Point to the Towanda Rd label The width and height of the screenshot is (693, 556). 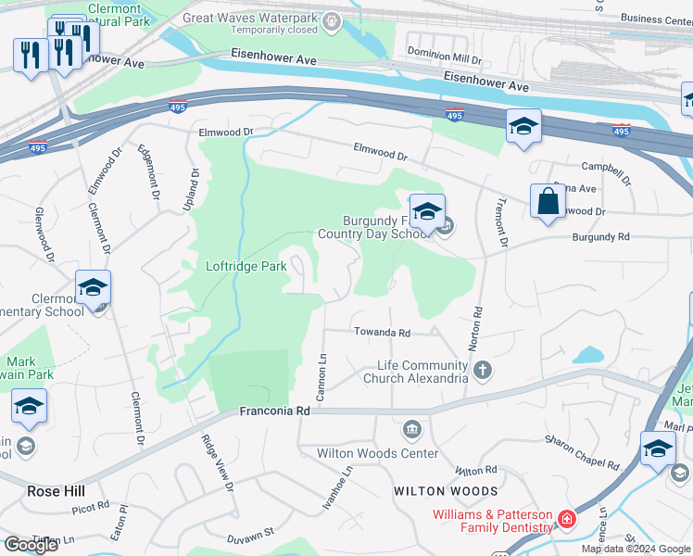pyautogui.click(x=380, y=332)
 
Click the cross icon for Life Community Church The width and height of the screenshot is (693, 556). pyautogui.click(x=482, y=372)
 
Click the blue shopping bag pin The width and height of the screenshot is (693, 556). pyautogui.click(x=548, y=202)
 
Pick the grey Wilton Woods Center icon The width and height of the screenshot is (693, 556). pyautogui.click(x=411, y=431)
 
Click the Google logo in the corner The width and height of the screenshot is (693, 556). pyautogui.click(x=31, y=545)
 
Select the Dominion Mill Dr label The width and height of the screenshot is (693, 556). pyautogui.click(x=445, y=58)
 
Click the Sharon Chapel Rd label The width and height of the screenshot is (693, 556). pyautogui.click(x=581, y=451)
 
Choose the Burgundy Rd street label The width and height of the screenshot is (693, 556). pyautogui.click(x=600, y=237)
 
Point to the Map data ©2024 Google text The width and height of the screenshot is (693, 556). pyautogui.click(x=636, y=549)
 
